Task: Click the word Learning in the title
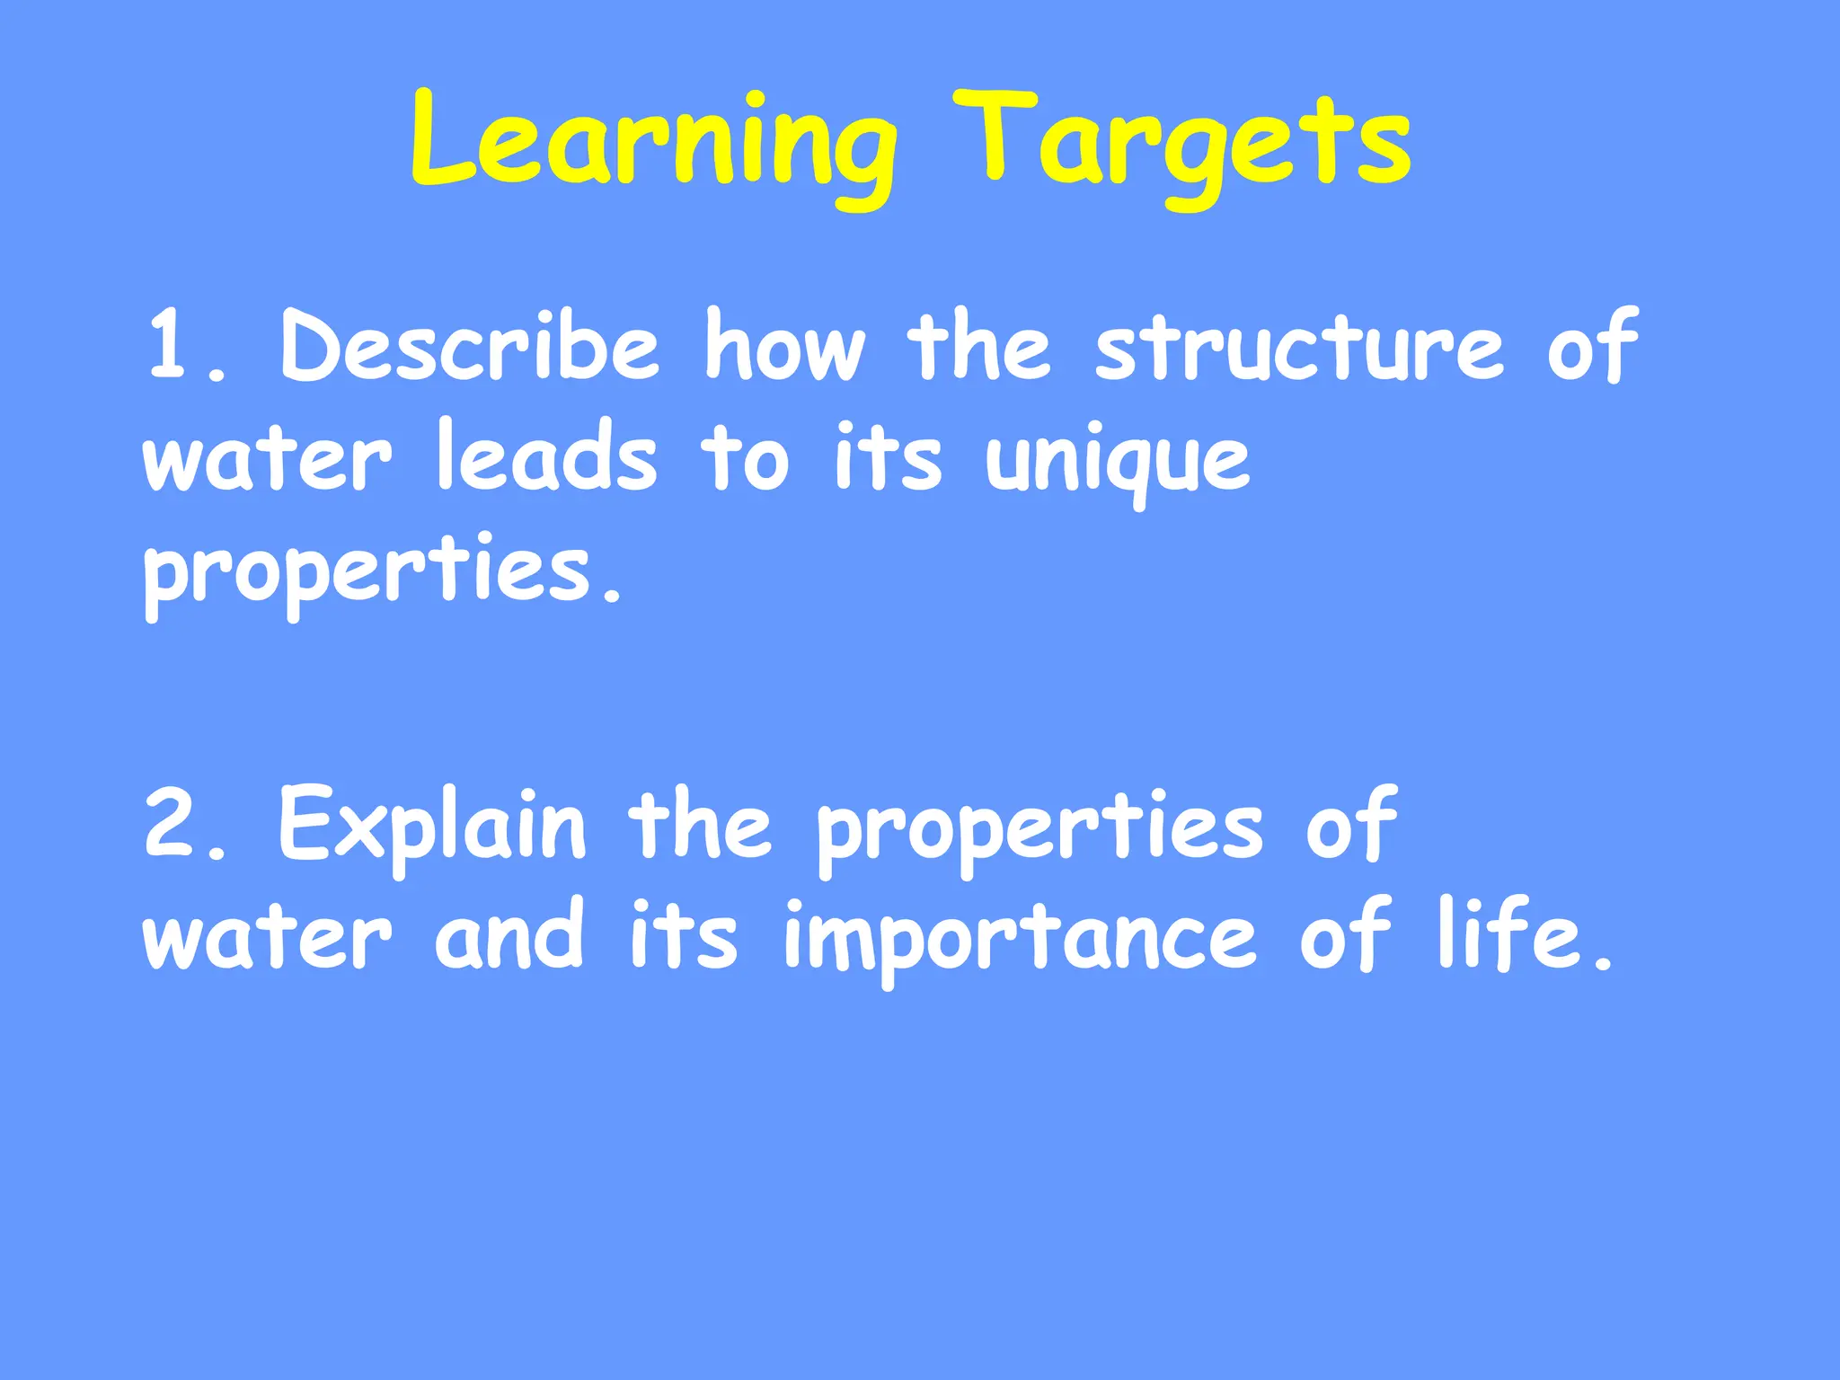click(653, 144)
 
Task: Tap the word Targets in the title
click(1182, 144)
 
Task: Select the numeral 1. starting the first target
click(184, 346)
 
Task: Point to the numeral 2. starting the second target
click(184, 822)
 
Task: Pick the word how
click(784, 346)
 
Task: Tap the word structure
click(1299, 346)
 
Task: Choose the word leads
click(547, 458)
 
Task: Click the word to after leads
click(745, 458)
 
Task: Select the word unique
click(1117, 463)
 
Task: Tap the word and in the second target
click(509, 934)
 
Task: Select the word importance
click(1020, 939)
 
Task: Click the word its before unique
click(888, 458)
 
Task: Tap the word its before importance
click(683, 934)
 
